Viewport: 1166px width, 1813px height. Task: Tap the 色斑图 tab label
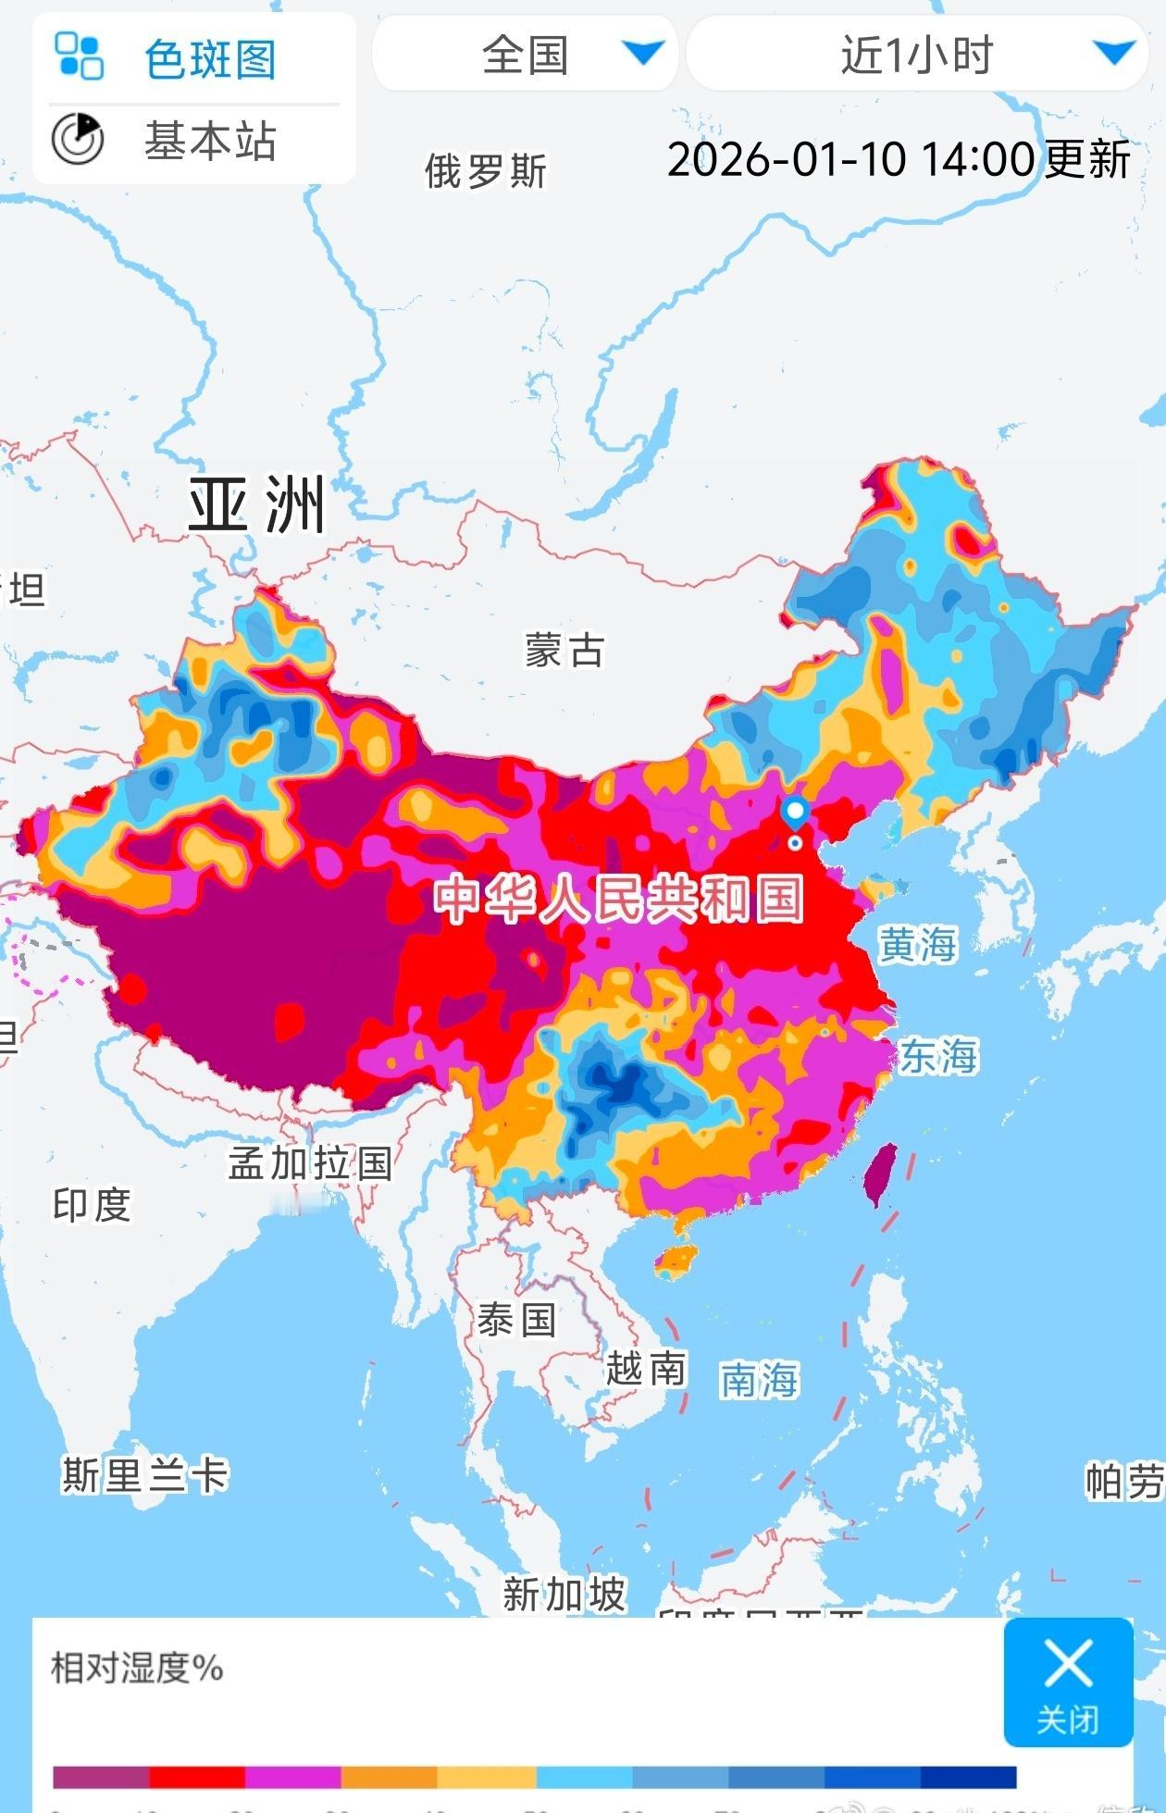click(209, 59)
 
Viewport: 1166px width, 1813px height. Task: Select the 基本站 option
click(209, 142)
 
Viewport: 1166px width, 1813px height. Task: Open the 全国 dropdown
click(526, 55)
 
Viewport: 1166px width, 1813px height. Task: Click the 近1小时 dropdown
click(917, 55)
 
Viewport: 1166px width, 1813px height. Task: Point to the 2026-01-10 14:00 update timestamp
click(898, 159)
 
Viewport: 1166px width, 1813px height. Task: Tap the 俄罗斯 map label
click(486, 171)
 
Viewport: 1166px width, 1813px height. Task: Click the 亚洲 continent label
click(257, 505)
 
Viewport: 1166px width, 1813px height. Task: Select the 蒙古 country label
click(564, 651)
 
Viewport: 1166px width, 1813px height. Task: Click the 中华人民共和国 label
click(618, 899)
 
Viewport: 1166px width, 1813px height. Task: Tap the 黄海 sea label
click(917, 945)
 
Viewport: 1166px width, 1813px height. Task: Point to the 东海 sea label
click(938, 1056)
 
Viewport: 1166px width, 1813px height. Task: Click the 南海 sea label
click(759, 1380)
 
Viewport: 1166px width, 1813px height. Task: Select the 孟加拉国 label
click(311, 1163)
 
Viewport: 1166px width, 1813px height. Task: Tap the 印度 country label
click(92, 1205)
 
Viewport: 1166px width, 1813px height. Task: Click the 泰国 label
click(516, 1320)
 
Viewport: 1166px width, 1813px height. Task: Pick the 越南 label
click(646, 1368)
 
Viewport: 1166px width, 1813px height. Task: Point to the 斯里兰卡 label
click(144, 1475)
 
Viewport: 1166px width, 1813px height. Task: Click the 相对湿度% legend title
click(137, 1669)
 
